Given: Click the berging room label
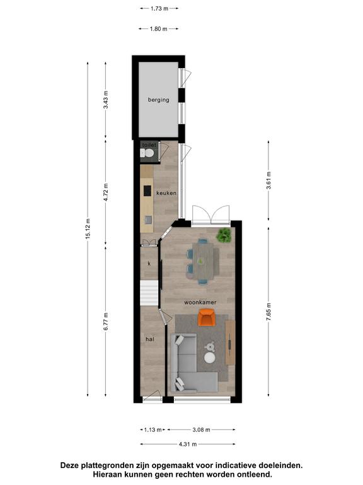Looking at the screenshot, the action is coord(158,100).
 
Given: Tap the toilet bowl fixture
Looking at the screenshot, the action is coord(147,153).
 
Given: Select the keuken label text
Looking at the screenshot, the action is coord(166,193).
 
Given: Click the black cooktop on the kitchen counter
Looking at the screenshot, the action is coord(147,191).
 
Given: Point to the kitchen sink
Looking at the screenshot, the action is coord(149,220).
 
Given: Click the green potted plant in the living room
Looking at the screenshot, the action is coord(224,235).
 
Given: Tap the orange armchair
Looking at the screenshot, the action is coord(207,318).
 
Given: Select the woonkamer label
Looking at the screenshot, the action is coord(200,302).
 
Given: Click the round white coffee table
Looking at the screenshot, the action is coord(210,358).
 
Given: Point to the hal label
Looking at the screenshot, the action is coord(150,339).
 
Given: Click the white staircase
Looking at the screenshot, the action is coord(149,292).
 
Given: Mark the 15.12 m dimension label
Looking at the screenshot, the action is coord(88,229).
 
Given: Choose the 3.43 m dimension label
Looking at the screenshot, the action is coord(106,100).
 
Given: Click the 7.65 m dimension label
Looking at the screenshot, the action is coord(268,312).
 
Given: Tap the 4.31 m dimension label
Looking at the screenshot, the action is coord(188,444).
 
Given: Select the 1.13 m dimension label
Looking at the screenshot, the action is coord(153,429).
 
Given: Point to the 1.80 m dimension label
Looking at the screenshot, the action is coord(159,29).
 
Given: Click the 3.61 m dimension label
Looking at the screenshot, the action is coord(268,181).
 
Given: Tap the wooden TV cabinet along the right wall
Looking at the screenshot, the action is coord(230,343).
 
